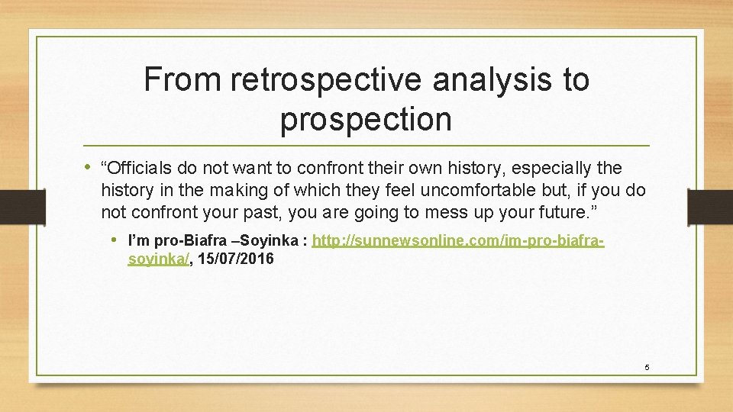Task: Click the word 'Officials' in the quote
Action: pyautogui.click(x=140, y=168)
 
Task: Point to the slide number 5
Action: pyautogui.click(x=647, y=368)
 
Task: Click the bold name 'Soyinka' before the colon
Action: pyautogui.click(x=273, y=242)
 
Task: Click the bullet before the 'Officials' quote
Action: pyautogui.click(x=89, y=168)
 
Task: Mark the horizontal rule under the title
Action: pyautogui.click(x=366, y=145)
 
